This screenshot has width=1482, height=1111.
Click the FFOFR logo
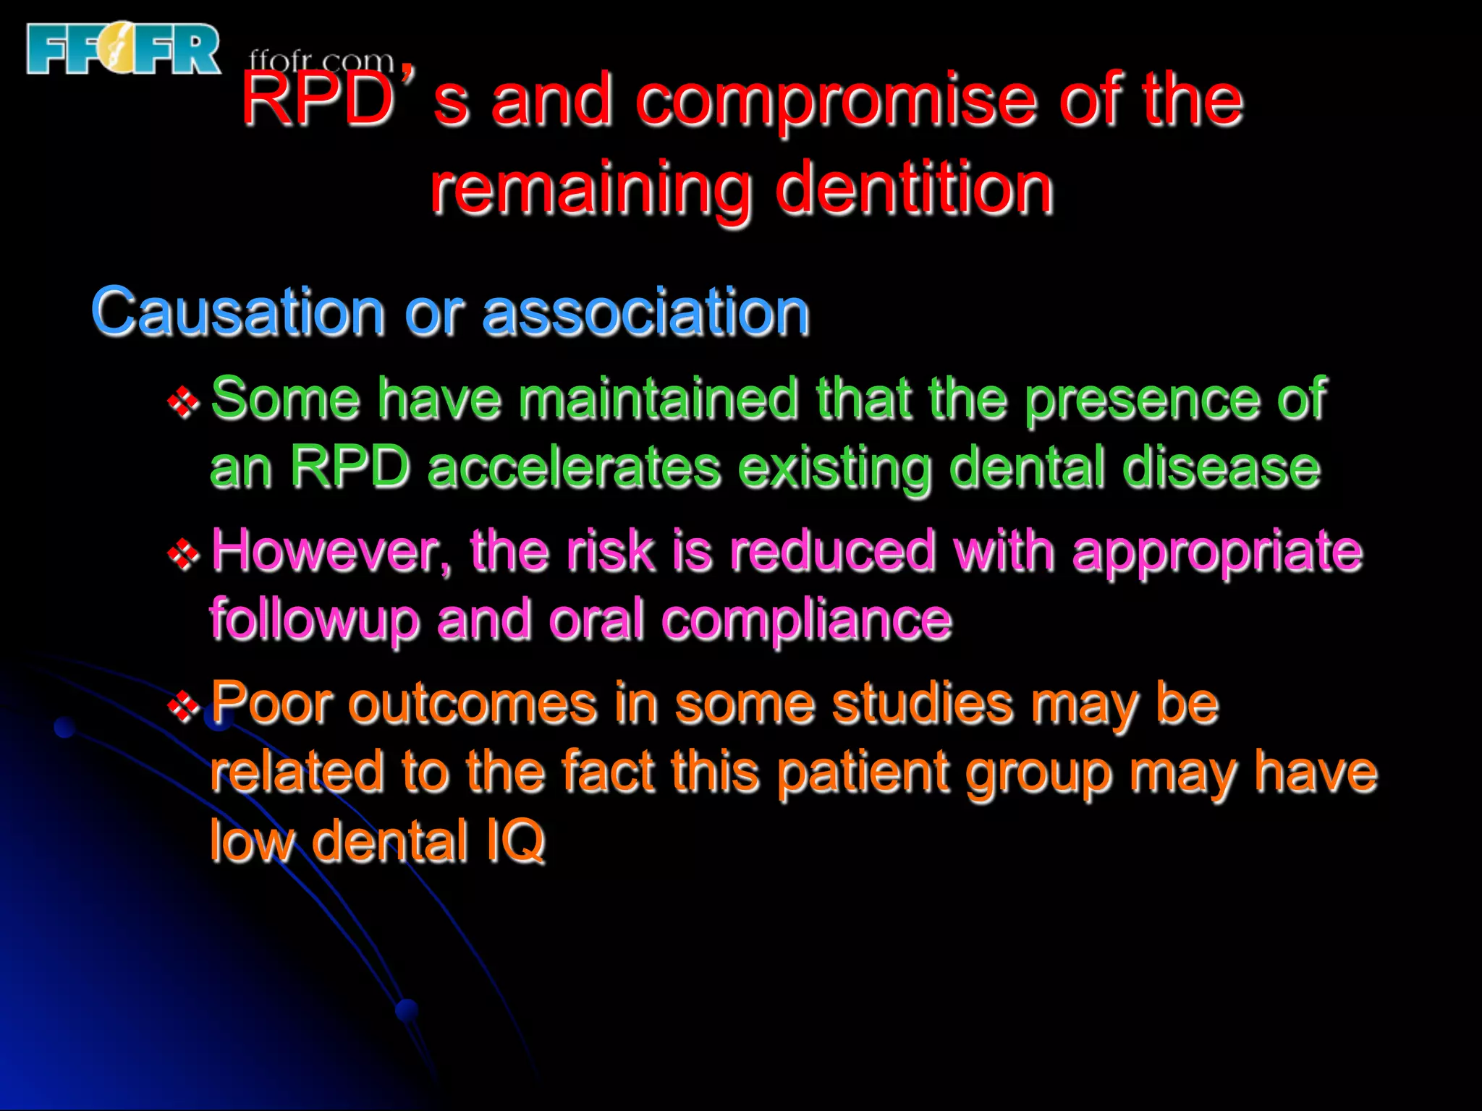(123, 48)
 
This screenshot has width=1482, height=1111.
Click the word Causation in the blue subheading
(237, 312)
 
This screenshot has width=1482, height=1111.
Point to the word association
(645, 312)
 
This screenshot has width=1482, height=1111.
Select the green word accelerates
(573, 469)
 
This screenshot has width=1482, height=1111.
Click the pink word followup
(314, 621)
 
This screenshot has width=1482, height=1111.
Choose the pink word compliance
(806, 621)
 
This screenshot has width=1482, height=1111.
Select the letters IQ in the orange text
(515, 840)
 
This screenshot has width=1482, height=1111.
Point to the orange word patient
(863, 772)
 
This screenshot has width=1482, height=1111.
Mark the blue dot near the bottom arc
(407, 1010)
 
